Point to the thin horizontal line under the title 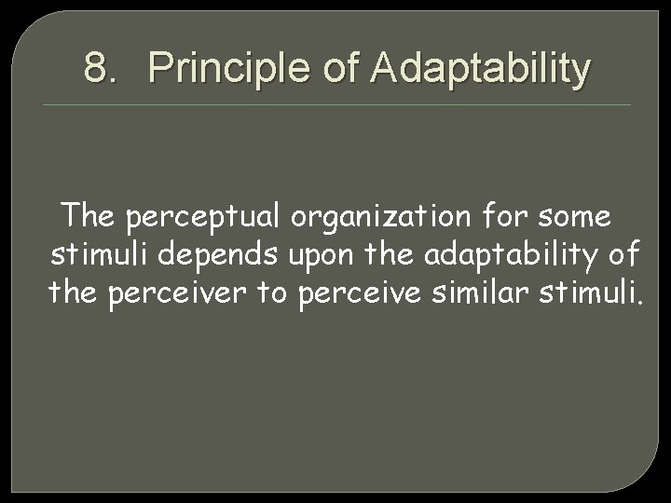[335, 104]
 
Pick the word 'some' [578, 217]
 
